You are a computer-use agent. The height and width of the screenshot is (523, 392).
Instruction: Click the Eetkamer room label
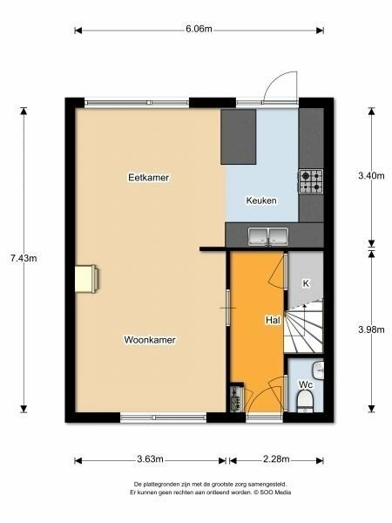tap(149, 177)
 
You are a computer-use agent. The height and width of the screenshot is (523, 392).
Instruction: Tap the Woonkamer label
tap(150, 340)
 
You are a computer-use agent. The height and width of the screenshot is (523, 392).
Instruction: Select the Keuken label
tap(261, 200)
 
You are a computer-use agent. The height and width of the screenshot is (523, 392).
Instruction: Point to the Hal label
tap(273, 320)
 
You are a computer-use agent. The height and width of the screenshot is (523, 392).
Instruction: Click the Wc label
tap(306, 385)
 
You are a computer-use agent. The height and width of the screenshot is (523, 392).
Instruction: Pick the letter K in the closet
tap(306, 283)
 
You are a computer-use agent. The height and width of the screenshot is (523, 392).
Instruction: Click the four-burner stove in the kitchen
tap(311, 181)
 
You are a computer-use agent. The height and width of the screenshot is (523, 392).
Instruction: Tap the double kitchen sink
tap(268, 236)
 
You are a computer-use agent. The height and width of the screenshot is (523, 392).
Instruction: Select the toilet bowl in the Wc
tap(305, 402)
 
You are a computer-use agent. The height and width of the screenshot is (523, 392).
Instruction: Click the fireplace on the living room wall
tap(86, 279)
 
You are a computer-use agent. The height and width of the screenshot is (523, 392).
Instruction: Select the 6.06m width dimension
tap(199, 29)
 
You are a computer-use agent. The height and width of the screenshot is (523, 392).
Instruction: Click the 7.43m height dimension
tap(24, 258)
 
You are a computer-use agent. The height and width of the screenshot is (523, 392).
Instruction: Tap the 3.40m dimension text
tap(371, 175)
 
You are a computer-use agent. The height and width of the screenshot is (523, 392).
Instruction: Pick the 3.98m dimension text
tap(371, 329)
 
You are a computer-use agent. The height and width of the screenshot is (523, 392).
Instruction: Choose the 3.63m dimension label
tap(150, 459)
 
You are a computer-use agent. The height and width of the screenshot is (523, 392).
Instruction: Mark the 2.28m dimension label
tap(276, 459)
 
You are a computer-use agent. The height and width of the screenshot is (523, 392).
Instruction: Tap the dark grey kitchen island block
tap(239, 137)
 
